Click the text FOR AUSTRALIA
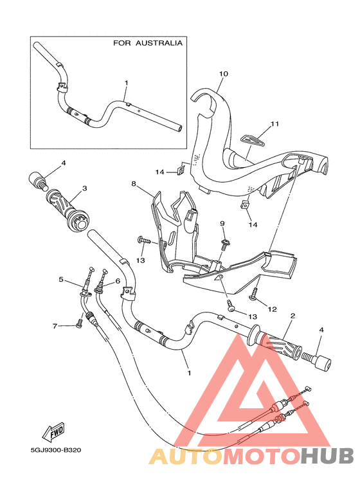point(147,43)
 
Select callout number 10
point(223,74)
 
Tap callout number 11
point(275,123)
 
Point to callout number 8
point(134,184)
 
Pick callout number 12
point(272,309)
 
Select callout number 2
point(292,316)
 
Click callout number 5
point(62,280)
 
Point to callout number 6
point(118,281)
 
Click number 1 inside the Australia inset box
point(127,83)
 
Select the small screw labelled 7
point(78,324)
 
